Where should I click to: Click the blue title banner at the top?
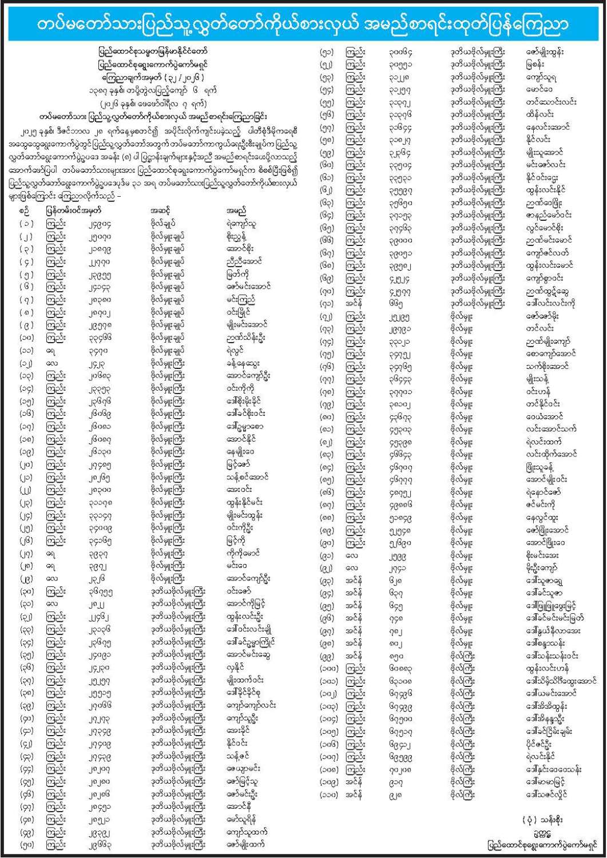click(303, 23)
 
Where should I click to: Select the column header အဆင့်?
click(161, 210)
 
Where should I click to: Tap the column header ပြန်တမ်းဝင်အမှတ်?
click(74, 210)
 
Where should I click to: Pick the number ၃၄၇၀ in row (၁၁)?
click(96, 350)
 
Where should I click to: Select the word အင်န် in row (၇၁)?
click(354, 303)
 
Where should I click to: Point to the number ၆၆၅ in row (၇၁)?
click(394, 303)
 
